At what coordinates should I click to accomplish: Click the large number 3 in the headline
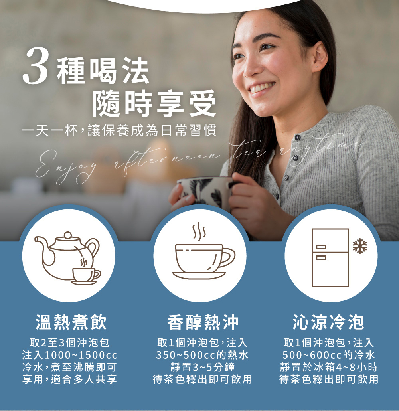click(x=36, y=66)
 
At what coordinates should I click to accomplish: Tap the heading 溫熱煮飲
click(x=71, y=322)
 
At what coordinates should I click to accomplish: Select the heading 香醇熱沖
click(x=203, y=322)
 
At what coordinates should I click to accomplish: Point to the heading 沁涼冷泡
click(x=328, y=322)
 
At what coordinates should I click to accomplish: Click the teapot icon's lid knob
click(x=68, y=235)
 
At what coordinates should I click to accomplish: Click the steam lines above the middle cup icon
click(x=199, y=231)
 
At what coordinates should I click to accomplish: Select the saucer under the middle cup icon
click(x=199, y=275)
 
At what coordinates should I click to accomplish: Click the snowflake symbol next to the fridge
click(x=359, y=246)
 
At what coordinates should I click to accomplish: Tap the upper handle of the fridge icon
click(x=321, y=247)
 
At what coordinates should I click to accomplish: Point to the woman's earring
click(x=317, y=67)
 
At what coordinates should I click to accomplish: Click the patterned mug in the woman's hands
click(x=207, y=193)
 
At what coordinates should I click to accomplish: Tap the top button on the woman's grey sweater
click(x=298, y=138)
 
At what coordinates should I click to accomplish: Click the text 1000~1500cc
click(x=81, y=355)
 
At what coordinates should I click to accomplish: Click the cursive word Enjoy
click(x=65, y=166)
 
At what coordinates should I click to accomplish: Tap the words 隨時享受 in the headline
click(x=154, y=103)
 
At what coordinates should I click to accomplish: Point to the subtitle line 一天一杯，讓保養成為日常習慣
click(x=119, y=130)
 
